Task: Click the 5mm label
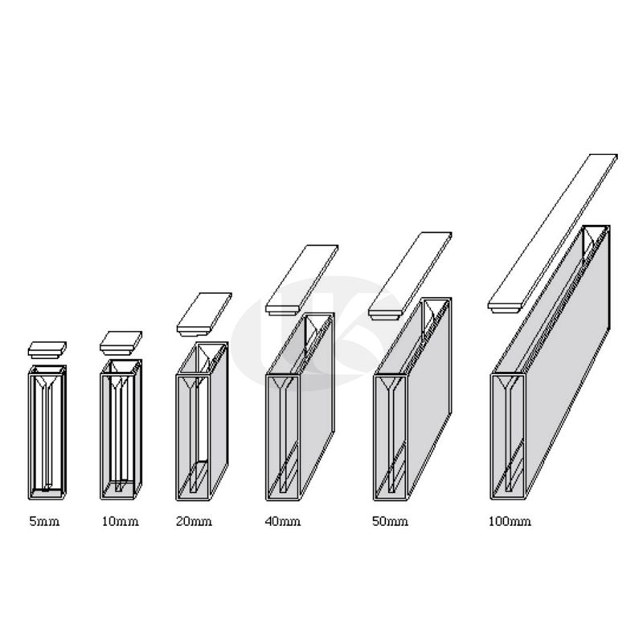pyautogui.click(x=44, y=522)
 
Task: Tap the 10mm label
pyautogui.click(x=120, y=522)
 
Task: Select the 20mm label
pyautogui.click(x=194, y=522)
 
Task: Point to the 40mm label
pyautogui.click(x=282, y=522)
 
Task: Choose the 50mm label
pyautogui.click(x=390, y=522)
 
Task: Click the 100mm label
pyautogui.click(x=510, y=522)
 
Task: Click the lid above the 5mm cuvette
pyautogui.click(x=47, y=349)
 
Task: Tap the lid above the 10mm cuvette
pyautogui.click(x=121, y=342)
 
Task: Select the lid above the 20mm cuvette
pyautogui.click(x=204, y=312)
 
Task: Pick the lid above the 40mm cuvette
pyautogui.click(x=301, y=280)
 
